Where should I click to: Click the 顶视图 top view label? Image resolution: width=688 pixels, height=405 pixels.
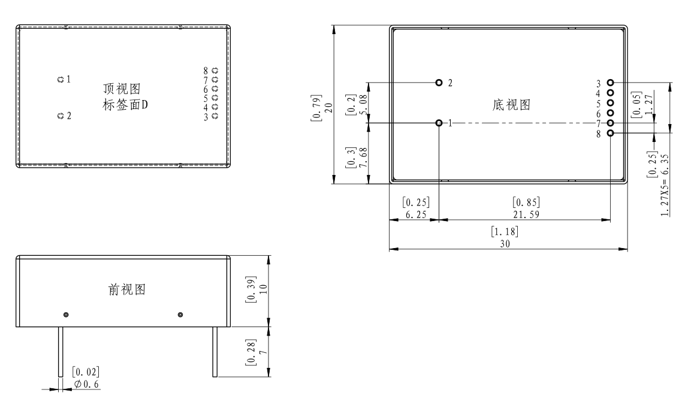(122, 89)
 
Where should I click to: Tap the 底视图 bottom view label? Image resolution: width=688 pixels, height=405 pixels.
(511, 105)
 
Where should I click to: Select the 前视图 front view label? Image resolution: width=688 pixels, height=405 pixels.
(127, 289)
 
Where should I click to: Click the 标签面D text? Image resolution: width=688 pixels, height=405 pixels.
(125, 105)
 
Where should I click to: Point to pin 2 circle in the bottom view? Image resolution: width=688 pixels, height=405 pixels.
(439, 83)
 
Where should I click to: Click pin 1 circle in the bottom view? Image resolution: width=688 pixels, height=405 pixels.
(439, 123)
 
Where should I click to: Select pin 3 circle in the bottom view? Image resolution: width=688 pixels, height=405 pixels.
(610, 83)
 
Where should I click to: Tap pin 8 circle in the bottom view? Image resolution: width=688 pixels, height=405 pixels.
(610, 133)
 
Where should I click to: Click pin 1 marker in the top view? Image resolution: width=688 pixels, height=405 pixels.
(61, 80)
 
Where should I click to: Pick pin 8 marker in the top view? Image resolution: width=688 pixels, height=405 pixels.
(215, 70)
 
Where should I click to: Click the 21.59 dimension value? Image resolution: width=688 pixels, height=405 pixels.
(526, 214)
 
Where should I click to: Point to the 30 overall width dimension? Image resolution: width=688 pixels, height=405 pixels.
(505, 244)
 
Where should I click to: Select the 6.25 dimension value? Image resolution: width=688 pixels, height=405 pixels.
(416, 214)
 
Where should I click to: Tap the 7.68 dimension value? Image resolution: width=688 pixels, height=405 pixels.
(363, 158)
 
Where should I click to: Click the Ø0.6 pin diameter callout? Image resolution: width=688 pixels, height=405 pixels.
(86, 385)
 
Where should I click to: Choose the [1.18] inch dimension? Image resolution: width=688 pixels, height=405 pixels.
(504, 231)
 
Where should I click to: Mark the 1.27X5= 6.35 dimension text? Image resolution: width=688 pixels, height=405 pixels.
(665, 185)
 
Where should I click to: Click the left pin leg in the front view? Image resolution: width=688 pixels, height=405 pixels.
(61, 352)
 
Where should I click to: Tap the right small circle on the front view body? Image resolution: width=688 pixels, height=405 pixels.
(180, 315)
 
